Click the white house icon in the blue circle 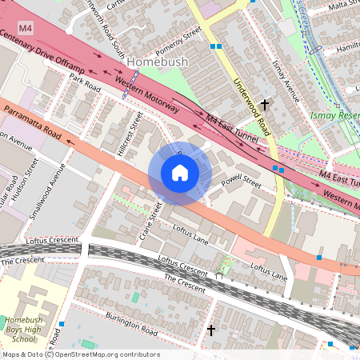point(180,173)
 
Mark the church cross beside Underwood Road point(264,104)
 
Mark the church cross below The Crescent point(211,330)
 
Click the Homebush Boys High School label point(25,327)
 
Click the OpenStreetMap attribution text point(80,354)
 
